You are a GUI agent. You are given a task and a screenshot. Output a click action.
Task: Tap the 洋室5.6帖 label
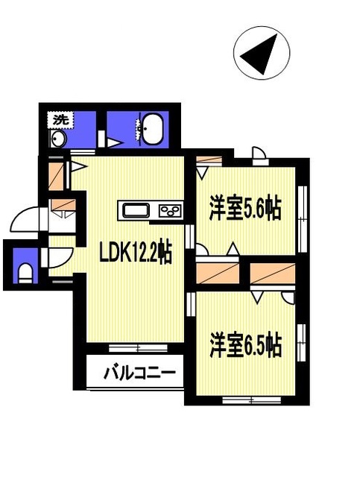click(244, 209)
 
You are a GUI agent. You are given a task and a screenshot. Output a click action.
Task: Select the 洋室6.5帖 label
click(245, 346)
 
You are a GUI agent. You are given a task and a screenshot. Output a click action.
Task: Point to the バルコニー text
click(139, 373)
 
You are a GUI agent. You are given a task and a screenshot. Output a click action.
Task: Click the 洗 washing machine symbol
click(60, 120)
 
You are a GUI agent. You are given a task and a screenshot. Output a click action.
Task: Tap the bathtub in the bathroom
click(153, 129)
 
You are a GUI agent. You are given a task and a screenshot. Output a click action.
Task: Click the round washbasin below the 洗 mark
click(58, 140)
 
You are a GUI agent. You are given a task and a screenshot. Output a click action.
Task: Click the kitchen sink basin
click(136, 210)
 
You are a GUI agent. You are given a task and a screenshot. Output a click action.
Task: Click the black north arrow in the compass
click(259, 54)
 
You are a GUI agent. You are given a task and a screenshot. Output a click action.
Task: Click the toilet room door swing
click(60, 258)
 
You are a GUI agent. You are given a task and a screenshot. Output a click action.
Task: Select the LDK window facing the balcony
click(138, 348)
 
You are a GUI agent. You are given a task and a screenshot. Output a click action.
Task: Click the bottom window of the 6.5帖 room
click(252, 400)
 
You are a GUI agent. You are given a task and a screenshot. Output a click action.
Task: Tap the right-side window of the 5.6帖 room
click(302, 219)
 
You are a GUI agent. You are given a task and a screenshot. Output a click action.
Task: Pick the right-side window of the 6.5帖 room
click(301, 343)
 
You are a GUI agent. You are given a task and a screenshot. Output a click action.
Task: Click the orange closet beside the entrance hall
click(56, 177)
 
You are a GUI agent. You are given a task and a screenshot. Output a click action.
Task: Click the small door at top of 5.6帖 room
click(259, 156)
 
